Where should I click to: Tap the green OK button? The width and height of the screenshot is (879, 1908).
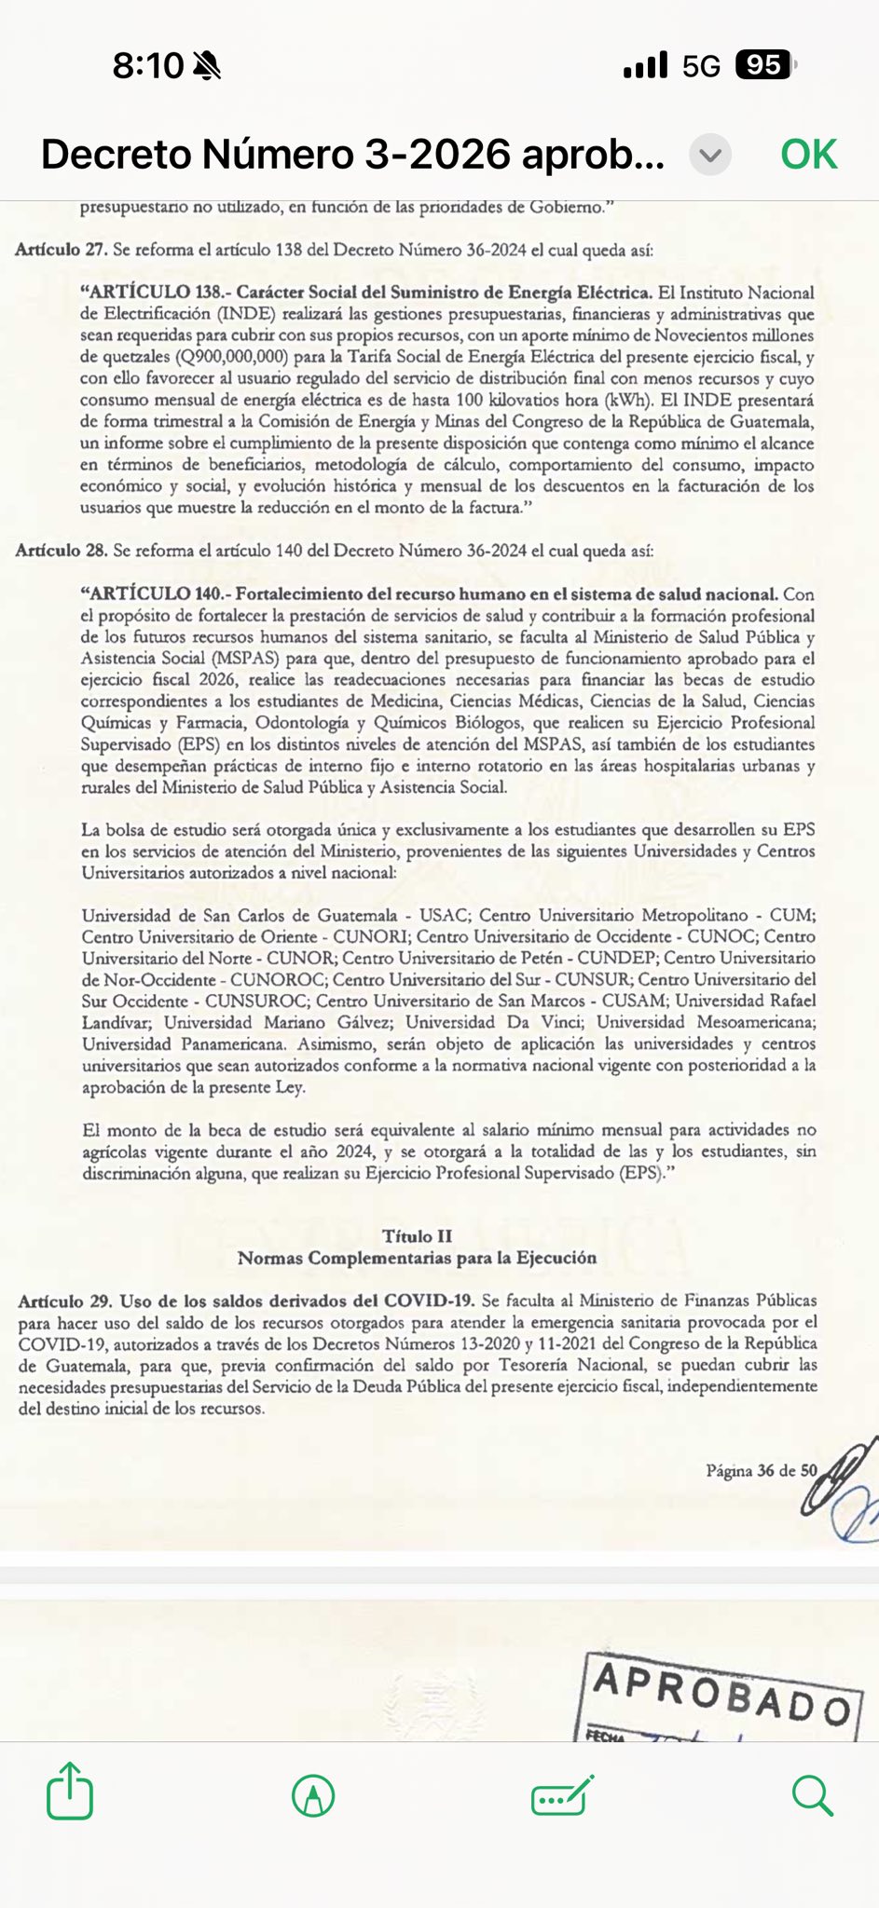pyautogui.click(x=808, y=155)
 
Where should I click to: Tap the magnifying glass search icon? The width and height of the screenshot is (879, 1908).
pyautogui.click(x=812, y=1794)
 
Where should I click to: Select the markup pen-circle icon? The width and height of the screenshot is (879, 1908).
pyautogui.click(x=313, y=1794)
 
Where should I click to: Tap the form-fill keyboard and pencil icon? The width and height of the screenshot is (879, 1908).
pyautogui.click(x=562, y=1794)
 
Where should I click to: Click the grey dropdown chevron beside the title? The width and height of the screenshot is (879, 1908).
pyautogui.click(x=710, y=155)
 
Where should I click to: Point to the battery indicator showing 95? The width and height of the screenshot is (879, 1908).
pyautogui.click(x=764, y=65)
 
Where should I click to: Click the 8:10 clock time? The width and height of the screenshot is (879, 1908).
pyautogui.click(x=148, y=65)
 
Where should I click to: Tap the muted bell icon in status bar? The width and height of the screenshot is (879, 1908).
pyautogui.click(x=207, y=65)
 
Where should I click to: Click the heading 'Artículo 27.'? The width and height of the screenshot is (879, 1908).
pyautogui.click(x=61, y=250)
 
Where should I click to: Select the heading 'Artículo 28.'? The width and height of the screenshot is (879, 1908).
pyautogui.click(x=61, y=551)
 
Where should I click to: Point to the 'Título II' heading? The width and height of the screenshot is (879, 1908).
pyautogui.click(x=417, y=1236)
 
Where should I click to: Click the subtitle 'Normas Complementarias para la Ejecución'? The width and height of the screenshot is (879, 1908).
pyautogui.click(x=417, y=1258)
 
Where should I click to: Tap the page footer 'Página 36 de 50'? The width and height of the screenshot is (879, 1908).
pyautogui.click(x=761, y=1471)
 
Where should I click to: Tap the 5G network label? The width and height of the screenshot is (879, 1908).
pyautogui.click(x=701, y=66)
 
